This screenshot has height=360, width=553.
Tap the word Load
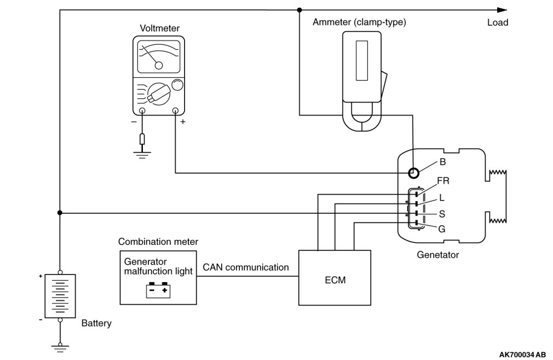[497, 22]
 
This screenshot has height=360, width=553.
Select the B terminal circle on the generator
[414, 173]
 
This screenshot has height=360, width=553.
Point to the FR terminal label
[443, 180]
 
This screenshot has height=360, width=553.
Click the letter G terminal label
[441, 228]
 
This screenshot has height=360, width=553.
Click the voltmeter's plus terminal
[176, 111]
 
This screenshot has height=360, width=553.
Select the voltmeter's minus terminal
[142, 111]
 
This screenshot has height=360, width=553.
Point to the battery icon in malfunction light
[159, 289]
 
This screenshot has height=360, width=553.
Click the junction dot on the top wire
[299, 10]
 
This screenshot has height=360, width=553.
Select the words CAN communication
[245, 267]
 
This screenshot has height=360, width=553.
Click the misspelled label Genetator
[437, 255]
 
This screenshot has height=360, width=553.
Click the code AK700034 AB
[522, 354]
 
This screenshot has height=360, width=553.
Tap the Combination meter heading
[158, 242]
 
